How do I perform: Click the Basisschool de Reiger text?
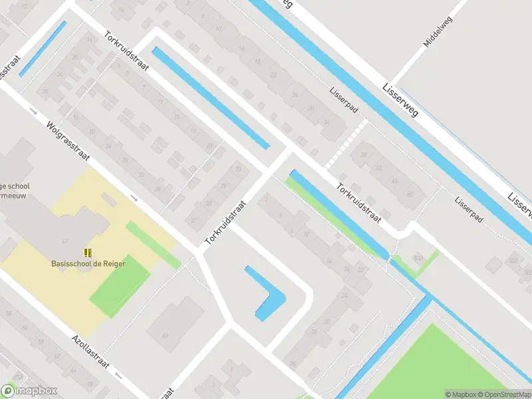[88, 263]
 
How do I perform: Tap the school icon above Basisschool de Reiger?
[88, 253]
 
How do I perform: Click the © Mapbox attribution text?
[461, 394]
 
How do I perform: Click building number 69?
[165, 335]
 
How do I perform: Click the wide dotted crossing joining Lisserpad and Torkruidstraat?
[346, 144]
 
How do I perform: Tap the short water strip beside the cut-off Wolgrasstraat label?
[43, 49]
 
